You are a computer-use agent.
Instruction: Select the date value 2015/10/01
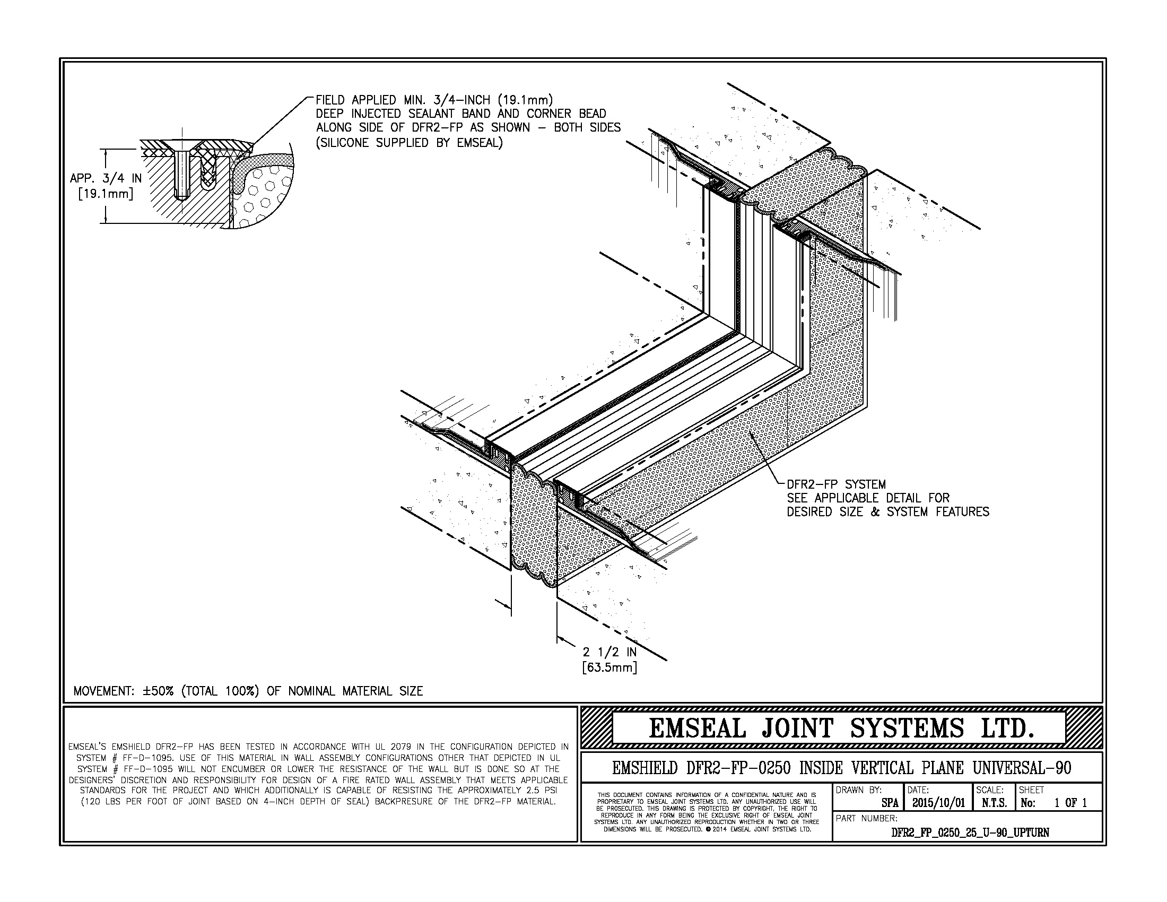point(938,803)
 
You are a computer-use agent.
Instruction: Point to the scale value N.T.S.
point(994,803)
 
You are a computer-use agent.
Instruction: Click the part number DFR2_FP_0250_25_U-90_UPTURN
point(970,832)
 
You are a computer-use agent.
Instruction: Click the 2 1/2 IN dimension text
point(609,653)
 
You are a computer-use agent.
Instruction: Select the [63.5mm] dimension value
point(609,667)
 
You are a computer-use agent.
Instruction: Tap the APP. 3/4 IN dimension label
point(106,179)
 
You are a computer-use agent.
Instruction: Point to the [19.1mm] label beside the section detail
point(106,194)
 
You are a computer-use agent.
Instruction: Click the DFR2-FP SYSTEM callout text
point(836,484)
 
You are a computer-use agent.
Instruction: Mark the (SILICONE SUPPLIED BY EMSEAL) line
point(410,143)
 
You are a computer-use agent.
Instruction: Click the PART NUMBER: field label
point(866,818)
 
